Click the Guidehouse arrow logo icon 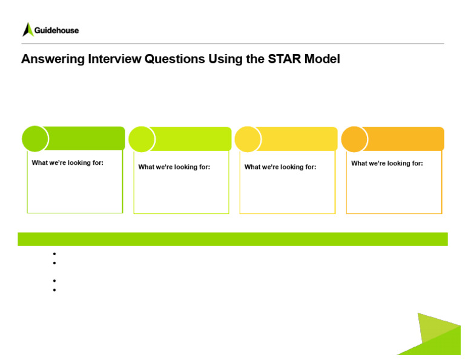(28, 30)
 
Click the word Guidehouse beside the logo (57, 30)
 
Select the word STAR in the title (285, 59)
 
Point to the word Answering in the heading (53, 59)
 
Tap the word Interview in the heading (114, 59)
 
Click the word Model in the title (322, 59)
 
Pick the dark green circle (35, 139)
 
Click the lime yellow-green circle (142, 139)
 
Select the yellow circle (248, 139)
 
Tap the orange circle (354, 139)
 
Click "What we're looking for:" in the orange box (387, 163)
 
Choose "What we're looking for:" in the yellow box (280, 167)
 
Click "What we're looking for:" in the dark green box (68, 162)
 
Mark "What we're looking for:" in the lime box (174, 167)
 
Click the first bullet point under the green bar (54, 254)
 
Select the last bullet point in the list (54, 290)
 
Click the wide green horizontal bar (232, 239)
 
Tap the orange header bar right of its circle (406, 139)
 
